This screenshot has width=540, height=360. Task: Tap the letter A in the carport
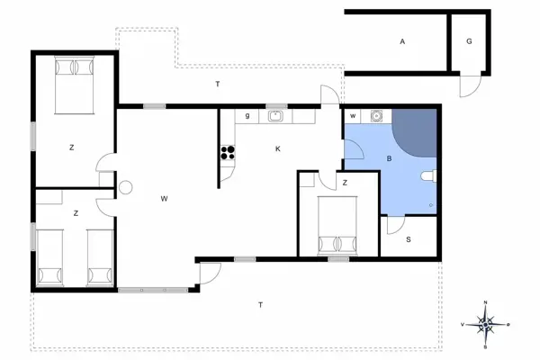coord(403,42)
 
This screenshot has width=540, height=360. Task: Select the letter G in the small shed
coord(469,42)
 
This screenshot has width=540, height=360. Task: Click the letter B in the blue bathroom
coord(389,159)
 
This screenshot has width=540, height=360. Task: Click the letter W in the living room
coord(164,198)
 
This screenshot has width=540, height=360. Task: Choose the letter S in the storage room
coord(408,239)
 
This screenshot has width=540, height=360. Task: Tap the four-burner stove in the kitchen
coord(228,153)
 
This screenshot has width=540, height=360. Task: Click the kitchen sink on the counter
coord(275,115)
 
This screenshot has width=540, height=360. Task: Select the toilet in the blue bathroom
coord(430,176)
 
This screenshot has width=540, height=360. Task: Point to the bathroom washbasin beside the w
coord(376,115)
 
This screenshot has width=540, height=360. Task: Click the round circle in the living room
coord(126,188)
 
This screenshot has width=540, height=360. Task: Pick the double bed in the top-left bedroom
coord(75,85)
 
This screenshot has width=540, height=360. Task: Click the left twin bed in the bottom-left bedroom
coord(49,256)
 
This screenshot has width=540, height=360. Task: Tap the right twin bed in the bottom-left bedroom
coord(98,256)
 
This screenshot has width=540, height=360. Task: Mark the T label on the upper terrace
coord(218,84)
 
